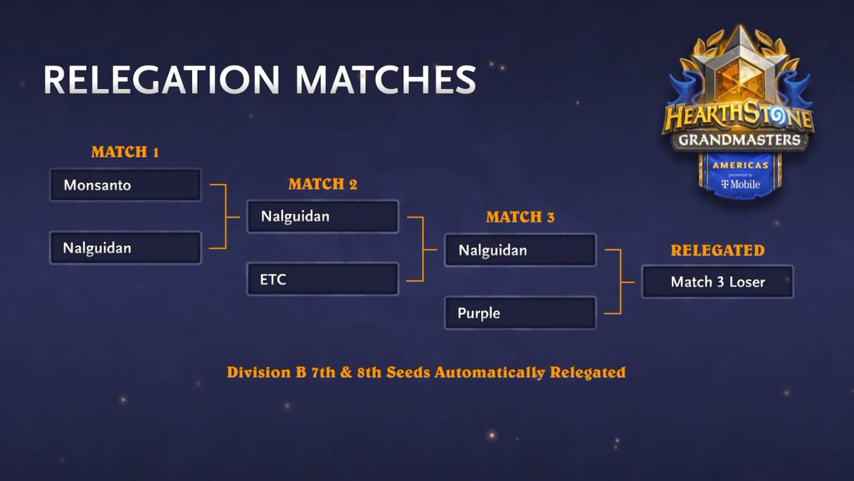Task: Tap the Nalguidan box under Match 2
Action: tap(322, 216)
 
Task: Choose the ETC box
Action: tap(322, 279)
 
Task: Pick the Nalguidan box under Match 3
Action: tap(520, 250)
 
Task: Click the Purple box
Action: tap(520, 313)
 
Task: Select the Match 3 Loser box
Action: tap(717, 282)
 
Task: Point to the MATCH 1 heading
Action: tap(125, 152)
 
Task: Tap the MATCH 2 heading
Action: tap(322, 184)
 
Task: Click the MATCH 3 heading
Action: tap(520, 218)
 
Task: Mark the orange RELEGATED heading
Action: tap(717, 250)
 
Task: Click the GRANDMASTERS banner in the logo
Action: tap(738, 139)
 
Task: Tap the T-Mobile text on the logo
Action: tap(740, 184)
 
